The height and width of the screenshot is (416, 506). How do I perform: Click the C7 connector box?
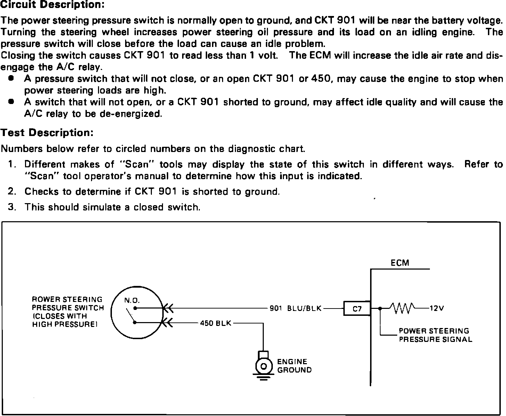357,308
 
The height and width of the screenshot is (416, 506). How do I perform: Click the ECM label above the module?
400,263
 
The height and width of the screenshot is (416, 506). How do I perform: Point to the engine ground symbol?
263,366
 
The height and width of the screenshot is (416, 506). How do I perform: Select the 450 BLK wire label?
215,323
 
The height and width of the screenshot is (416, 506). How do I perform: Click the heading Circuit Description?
52,5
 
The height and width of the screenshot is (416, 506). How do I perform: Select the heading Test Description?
47,133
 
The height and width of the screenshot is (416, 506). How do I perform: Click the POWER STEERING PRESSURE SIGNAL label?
435,335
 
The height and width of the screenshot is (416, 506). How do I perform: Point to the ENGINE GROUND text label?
294,366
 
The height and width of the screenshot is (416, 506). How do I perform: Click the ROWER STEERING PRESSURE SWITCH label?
68,312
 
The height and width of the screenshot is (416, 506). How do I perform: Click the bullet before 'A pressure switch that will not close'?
11,79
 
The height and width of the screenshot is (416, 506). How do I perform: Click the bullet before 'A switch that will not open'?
11,102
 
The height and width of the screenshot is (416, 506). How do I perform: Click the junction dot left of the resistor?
380,308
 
